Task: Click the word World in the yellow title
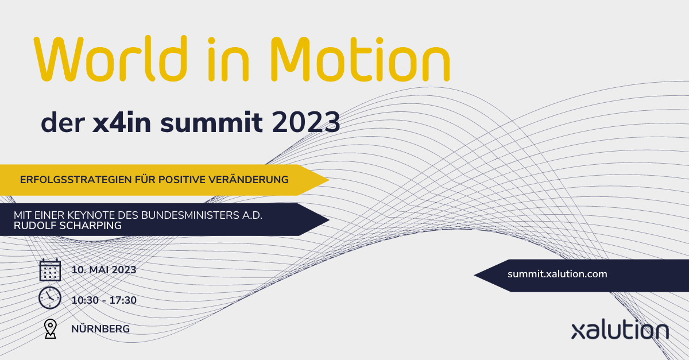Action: point(110,59)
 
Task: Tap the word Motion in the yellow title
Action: point(361,59)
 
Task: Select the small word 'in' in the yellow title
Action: point(229,59)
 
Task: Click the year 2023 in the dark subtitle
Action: point(306,122)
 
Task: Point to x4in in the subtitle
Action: point(122,122)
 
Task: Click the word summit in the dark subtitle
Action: point(212,122)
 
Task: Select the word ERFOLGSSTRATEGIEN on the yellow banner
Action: point(76,180)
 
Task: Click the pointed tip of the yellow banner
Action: point(329,180)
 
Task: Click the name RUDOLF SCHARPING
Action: point(68,226)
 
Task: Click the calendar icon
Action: point(50,270)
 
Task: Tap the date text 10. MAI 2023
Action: point(104,270)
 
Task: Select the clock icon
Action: point(50,298)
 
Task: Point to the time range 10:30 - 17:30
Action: point(104,300)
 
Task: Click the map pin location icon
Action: point(51,329)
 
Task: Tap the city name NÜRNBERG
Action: point(100,328)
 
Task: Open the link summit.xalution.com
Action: point(558,274)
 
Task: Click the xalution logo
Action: point(620,330)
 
